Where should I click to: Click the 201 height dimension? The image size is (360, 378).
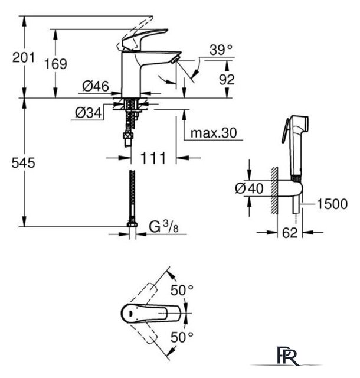click(24, 58)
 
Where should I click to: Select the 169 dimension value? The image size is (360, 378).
click(55, 64)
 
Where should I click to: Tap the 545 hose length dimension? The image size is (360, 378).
click(24, 163)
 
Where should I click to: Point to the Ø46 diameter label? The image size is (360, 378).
click(96, 86)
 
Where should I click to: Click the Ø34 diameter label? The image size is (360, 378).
click(89, 112)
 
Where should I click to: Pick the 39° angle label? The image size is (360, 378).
click(221, 50)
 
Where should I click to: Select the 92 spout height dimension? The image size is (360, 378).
click(227, 79)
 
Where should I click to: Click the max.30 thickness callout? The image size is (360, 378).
click(214, 132)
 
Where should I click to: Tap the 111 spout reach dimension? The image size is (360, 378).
click(153, 158)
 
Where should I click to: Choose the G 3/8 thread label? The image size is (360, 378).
click(164, 227)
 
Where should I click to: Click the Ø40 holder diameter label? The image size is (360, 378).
click(249, 188)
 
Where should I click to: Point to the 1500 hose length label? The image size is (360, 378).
click(332, 204)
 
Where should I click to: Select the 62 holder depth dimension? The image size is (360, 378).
click(290, 233)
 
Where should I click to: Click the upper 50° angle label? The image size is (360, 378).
click(182, 290)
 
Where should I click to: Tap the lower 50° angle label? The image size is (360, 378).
click(182, 337)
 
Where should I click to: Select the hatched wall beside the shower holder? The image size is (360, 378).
click(274, 190)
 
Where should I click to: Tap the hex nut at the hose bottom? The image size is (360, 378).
click(132, 224)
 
